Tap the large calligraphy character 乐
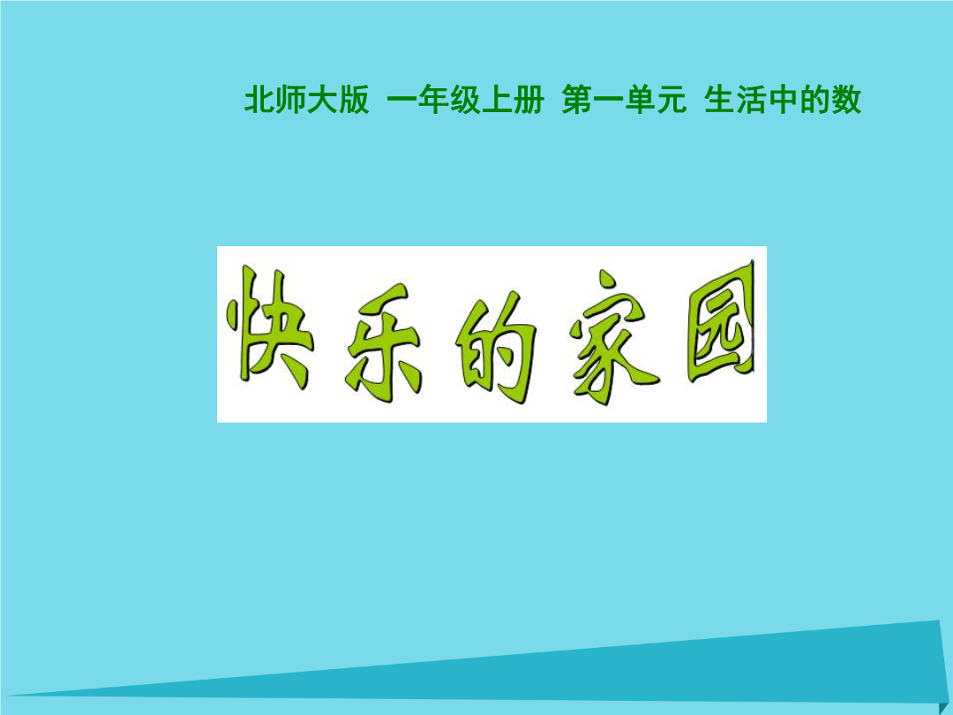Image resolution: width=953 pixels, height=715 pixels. pos(383,344)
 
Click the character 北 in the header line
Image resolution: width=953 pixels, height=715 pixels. pos(259,100)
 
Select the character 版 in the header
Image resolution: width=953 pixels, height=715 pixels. pos(354,100)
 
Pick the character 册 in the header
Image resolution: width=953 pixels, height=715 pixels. pos(529,100)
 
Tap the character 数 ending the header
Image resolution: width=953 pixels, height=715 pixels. pos(846,100)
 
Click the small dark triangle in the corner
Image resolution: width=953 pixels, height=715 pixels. pos(945,705)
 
